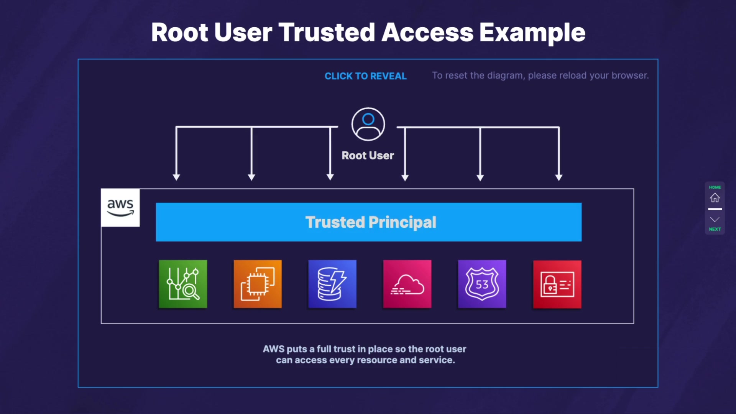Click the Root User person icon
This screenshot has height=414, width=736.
(368, 124)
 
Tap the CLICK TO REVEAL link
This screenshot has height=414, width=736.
(365, 76)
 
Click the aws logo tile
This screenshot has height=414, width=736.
(120, 208)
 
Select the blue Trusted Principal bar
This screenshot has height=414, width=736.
(368, 222)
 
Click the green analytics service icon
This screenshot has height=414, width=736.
(183, 284)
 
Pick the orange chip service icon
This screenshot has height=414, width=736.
(258, 284)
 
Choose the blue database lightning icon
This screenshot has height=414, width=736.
(332, 284)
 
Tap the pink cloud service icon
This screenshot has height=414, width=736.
(407, 284)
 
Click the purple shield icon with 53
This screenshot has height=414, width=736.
(482, 284)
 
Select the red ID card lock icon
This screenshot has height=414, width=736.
(557, 284)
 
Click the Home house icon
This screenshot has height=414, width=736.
(715, 197)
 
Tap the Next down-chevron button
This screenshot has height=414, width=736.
(715, 219)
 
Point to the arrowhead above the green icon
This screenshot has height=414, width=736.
(176, 177)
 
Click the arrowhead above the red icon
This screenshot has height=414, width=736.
(559, 177)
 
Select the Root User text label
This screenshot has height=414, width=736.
(368, 155)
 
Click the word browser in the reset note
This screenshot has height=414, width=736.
(630, 76)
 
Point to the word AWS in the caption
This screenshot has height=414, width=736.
(273, 349)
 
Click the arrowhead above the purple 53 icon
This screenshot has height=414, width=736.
(480, 177)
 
